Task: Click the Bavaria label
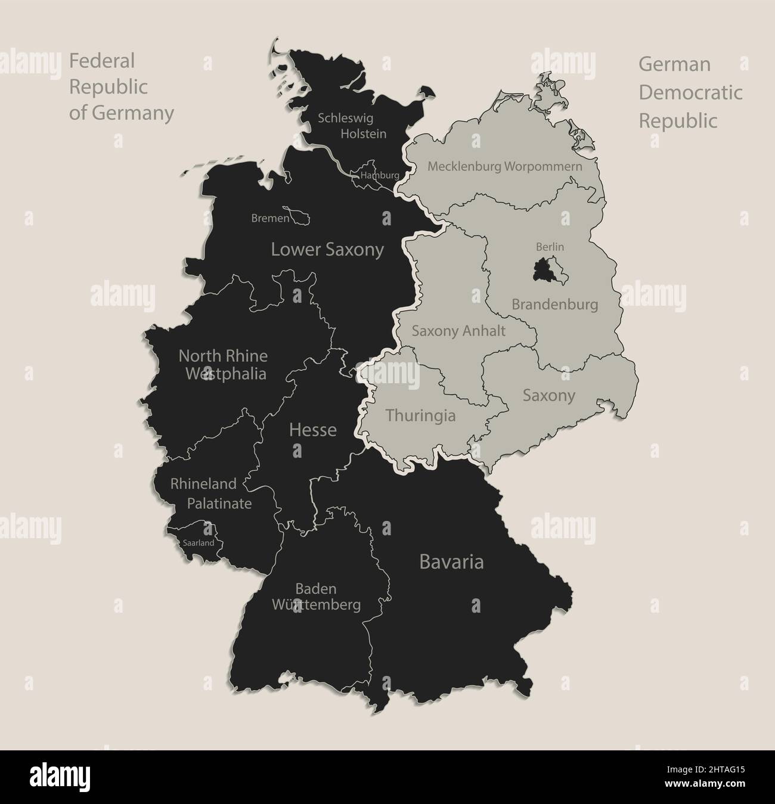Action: click(x=451, y=562)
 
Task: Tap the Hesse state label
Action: click(x=313, y=430)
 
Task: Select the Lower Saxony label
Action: click(x=327, y=249)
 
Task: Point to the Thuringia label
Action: click(x=420, y=415)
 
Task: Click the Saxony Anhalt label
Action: click(x=459, y=331)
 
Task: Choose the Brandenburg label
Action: click(x=554, y=305)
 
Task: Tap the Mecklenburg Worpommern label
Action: click(x=504, y=166)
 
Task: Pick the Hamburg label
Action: click(x=380, y=176)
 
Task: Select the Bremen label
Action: click(x=270, y=219)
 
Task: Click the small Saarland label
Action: click(x=199, y=544)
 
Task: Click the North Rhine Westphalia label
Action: click(x=223, y=365)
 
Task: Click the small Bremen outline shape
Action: click(x=297, y=216)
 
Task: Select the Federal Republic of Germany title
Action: click(x=122, y=86)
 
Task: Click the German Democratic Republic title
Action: click(x=690, y=92)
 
